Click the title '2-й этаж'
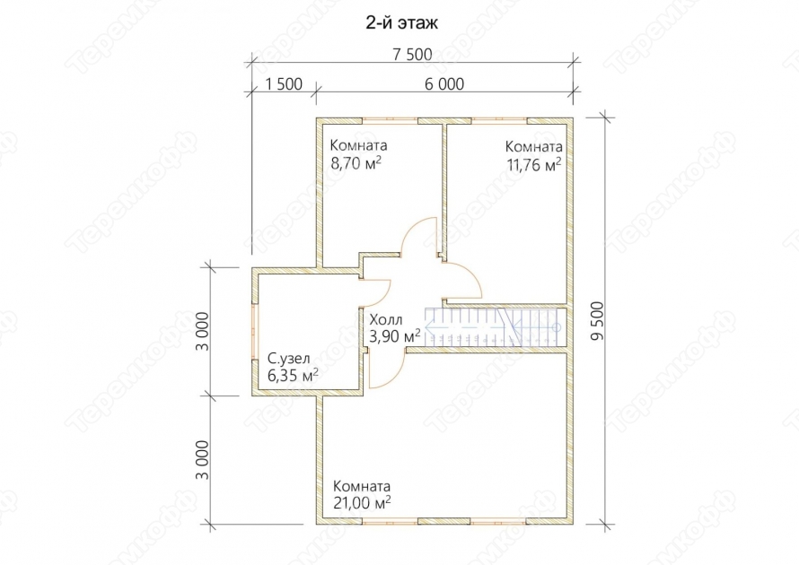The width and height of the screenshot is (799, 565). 401,23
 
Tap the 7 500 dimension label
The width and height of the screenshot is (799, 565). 412,55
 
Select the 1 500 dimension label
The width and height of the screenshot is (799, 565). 284,84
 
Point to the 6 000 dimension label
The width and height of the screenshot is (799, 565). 444,84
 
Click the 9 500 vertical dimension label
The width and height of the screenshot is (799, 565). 597,321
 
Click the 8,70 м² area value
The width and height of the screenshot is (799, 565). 356,163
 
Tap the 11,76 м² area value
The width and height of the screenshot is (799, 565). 533,164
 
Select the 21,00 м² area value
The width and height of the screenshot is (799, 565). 362,502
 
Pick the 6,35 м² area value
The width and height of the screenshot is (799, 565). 293,376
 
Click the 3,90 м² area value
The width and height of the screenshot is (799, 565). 395,336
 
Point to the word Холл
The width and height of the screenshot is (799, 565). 386,320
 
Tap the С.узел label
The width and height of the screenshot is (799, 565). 288,359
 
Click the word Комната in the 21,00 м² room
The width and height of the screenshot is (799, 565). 362,486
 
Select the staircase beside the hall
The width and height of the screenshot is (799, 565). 493,327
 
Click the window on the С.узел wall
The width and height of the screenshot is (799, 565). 255,333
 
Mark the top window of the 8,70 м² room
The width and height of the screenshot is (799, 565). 391,121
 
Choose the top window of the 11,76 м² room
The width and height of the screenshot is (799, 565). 499,121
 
